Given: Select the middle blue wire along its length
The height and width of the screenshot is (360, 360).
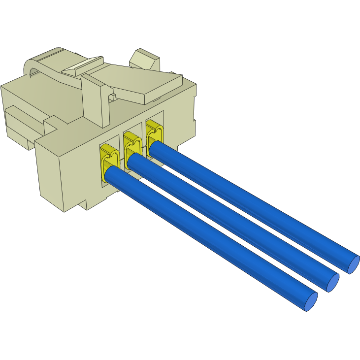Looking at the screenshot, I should point(231,220).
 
